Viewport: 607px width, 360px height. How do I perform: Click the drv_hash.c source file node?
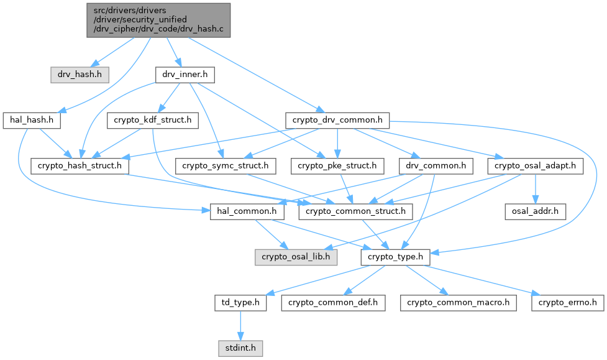(x=158, y=20)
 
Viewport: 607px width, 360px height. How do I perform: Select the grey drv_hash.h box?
(x=80, y=75)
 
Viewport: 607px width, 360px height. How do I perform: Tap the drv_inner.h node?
(x=185, y=75)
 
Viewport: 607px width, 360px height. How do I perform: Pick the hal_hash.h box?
(x=32, y=120)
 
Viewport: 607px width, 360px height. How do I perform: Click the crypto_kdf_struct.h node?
(x=152, y=120)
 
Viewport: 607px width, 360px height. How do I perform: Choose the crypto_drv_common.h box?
(x=337, y=120)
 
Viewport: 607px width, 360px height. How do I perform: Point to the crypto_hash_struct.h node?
(x=80, y=166)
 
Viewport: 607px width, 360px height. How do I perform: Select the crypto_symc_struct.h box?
(x=226, y=166)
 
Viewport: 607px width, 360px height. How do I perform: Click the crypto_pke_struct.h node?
(x=337, y=166)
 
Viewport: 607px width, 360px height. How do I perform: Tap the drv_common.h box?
(x=436, y=166)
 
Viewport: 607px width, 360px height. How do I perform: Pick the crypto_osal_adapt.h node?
(x=536, y=166)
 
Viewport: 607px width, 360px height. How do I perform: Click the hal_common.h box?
(x=247, y=211)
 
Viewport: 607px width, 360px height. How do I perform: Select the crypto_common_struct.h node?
(x=356, y=211)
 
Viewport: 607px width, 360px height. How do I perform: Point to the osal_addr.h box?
(x=536, y=211)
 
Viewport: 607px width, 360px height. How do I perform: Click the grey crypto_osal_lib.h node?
(x=296, y=257)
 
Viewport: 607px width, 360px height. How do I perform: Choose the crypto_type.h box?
(x=395, y=257)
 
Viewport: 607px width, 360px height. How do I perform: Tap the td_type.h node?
(x=241, y=303)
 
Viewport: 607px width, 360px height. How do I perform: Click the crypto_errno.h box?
(x=568, y=303)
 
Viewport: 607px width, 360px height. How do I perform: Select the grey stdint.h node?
(x=241, y=349)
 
